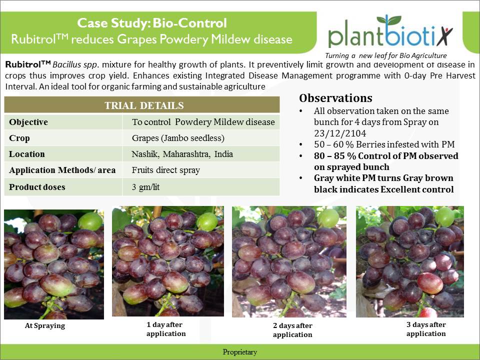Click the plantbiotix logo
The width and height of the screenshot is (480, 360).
[x=390, y=31]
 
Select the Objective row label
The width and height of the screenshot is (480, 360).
[x=28, y=122]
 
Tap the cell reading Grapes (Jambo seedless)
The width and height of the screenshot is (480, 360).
[x=178, y=138]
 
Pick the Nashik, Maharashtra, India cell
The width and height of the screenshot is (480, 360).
[x=182, y=154]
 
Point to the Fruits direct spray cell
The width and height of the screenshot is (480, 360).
[x=165, y=170]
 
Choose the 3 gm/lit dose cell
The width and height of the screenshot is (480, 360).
[x=145, y=187]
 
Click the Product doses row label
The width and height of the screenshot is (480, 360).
[x=37, y=187]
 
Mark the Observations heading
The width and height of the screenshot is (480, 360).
[x=335, y=98]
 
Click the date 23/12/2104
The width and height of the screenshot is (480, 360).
[x=340, y=133]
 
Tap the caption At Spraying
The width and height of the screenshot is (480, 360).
[x=45, y=325]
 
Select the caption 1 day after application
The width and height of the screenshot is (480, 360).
[x=166, y=329]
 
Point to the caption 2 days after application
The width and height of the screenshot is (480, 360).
[x=292, y=330]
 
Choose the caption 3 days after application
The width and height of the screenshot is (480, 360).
[x=426, y=329]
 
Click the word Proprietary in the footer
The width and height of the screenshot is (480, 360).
[x=239, y=352]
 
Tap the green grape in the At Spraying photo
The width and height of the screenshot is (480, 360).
[x=90, y=221]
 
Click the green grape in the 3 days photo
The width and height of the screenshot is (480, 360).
[x=445, y=216]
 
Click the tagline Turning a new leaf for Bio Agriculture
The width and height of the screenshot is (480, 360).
[x=385, y=55]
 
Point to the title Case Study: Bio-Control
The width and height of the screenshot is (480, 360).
[x=152, y=23]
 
